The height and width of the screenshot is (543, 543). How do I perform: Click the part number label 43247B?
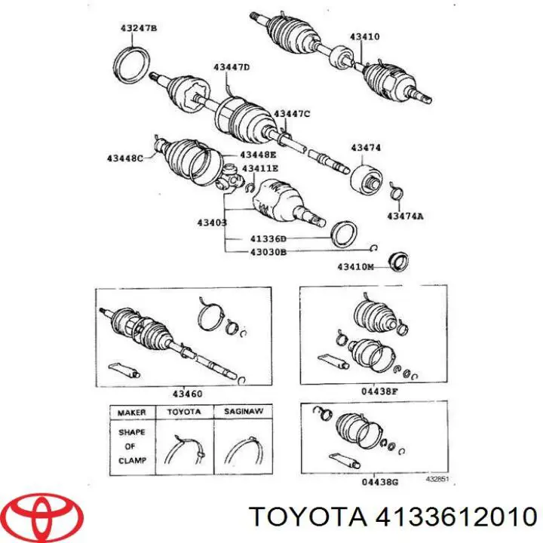click(138, 29)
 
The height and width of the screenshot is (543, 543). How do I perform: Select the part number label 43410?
click(364, 36)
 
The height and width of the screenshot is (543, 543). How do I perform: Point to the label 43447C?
click(292, 113)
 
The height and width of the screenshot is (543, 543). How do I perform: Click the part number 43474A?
click(405, 216)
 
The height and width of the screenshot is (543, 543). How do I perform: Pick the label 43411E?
click(259, 167)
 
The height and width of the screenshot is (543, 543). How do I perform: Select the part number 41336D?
click(268, 239)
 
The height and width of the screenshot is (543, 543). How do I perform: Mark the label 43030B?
click(268, 253)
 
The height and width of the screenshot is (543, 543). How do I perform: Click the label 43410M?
click(355, 266)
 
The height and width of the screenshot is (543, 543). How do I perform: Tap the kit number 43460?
click(188, 394)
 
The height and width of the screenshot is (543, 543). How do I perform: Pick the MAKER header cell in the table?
click(130, 413)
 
